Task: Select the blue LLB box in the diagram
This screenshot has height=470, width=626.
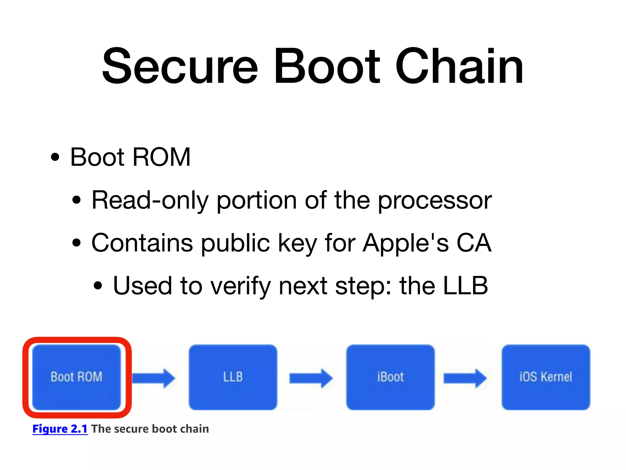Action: [x=233, y=377]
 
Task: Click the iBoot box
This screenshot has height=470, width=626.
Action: [x=390, y=377]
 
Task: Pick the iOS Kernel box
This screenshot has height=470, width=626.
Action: [x=546, y=377]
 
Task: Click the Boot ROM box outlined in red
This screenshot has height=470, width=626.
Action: [x=77, y=377]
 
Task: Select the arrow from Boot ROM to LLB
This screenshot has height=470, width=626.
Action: [x=154, y=378]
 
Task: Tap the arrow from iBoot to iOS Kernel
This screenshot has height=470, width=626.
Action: [x=465, y=378]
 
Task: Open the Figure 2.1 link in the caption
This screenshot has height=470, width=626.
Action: [x=60, y=429]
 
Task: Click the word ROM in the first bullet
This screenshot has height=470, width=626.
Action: [x=161, y=157]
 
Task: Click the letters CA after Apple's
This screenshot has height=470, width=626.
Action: [x=474, y=243]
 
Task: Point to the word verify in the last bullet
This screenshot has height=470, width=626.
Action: [x=241, y=286]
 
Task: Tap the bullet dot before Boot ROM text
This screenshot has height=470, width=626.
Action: [x=55, y=157]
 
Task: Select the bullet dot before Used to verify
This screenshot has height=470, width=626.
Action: [x=98, y=286]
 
